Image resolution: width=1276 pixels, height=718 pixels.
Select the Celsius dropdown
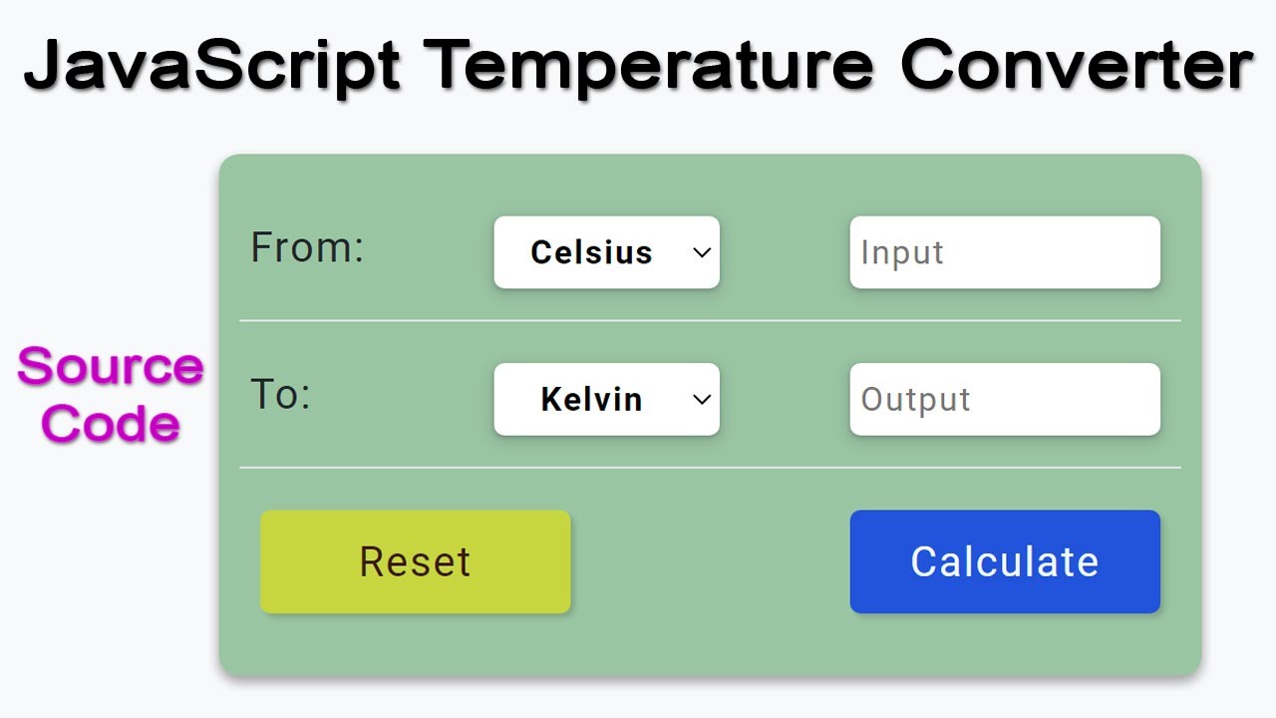coord(606,252)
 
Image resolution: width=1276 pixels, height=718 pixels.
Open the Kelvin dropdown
coord(606,399)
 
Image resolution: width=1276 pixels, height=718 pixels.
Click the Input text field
coord(1005,252)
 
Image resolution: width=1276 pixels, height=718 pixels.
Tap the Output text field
coord(1005,399)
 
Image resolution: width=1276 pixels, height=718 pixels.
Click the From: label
coord(307,247)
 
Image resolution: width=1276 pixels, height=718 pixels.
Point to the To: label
coord(280,395)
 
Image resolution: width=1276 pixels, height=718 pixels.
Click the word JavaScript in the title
coord(211,66)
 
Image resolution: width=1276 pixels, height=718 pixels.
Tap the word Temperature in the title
coord(652,66)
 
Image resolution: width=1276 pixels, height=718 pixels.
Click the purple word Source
coord(111,367)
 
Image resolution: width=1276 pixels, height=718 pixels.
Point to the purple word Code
coord(111,424)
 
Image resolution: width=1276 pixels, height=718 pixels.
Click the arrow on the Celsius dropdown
coord(702,252)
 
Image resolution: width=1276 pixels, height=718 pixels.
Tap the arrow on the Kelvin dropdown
coord(702,399)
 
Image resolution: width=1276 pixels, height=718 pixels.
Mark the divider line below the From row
coord(710,321)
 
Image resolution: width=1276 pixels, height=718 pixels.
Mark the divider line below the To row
coord(710,468)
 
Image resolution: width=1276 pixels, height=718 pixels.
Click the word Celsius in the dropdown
coord(591,252)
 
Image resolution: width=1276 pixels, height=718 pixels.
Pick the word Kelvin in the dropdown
coord(591,399)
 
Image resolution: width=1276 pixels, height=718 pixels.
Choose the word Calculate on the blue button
coord(1005,561)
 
